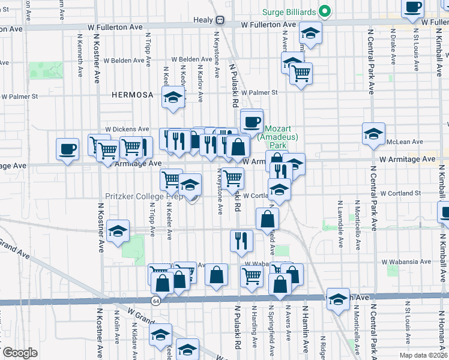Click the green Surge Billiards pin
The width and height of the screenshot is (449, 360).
(325, 11)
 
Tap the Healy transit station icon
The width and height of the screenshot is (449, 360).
(220, 20)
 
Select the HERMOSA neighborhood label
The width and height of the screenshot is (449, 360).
(128, 95)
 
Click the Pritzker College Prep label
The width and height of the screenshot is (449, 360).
(143, 196)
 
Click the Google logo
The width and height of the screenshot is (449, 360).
(19, 352)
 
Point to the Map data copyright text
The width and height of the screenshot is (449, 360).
(423, 355)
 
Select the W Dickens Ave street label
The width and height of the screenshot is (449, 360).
(127, 129)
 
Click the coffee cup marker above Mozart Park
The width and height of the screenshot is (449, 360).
(252, 121)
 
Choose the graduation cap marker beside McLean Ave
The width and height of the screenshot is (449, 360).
(373, 134)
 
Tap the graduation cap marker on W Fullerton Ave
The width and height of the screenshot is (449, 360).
(310, 33)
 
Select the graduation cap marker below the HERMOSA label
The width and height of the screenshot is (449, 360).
(173, 97)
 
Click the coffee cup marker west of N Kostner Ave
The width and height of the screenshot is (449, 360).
(67, 148)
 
